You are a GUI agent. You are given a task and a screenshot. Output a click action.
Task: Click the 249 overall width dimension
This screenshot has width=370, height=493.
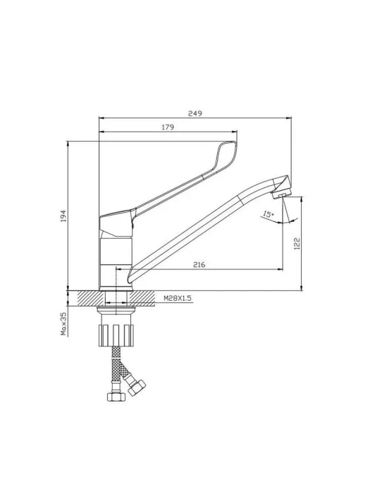coord(195,113)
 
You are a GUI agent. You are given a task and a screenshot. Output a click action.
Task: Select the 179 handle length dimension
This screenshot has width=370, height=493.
coord(168,127)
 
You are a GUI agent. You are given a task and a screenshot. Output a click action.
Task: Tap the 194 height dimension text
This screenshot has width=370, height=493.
coord(63,216)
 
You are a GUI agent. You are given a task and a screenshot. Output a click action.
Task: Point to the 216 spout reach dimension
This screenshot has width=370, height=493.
coord(199,265)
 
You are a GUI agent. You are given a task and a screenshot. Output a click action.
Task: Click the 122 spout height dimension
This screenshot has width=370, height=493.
coord(297,244)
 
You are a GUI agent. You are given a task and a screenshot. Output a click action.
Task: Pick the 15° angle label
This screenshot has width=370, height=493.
coord(269,215)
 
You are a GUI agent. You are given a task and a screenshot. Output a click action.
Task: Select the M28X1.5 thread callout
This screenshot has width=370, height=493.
coord(178,298)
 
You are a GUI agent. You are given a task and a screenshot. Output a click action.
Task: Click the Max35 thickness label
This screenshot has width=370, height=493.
coord(63,323)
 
